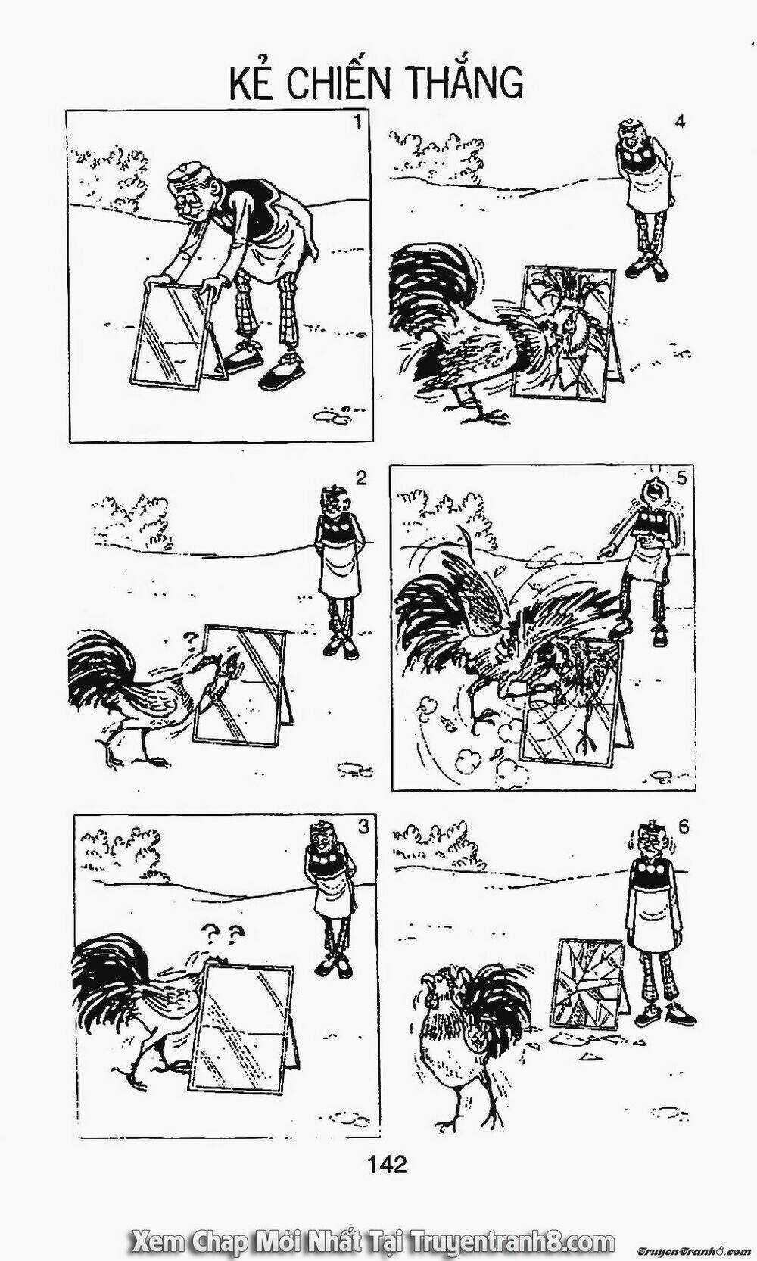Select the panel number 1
pos(357,121)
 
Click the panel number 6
pos(684,827)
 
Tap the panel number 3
pos(364,827)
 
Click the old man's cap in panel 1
pos(185,175)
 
